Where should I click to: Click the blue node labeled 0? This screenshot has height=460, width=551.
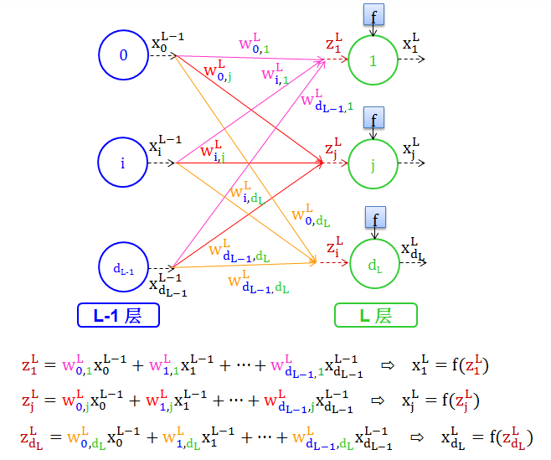124,55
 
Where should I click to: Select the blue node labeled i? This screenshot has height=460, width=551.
122,163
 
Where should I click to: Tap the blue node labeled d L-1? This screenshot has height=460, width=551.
122,268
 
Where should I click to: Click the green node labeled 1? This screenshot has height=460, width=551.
373,59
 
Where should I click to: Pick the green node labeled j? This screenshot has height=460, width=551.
373,164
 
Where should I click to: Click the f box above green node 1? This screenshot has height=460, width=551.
373,14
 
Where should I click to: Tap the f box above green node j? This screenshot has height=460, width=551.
373,119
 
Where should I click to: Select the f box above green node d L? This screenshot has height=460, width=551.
373,219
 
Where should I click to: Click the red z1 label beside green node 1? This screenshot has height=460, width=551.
334,44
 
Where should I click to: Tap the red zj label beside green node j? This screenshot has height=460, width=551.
333,149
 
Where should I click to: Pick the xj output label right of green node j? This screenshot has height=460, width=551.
411,150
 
